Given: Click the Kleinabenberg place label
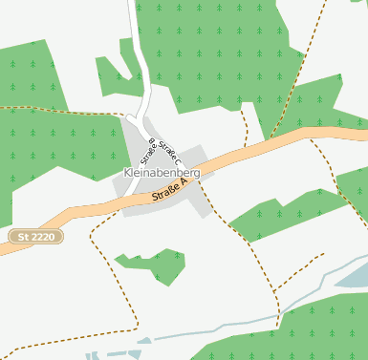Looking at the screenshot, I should pos(162,173).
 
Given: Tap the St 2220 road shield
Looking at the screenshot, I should pos(35,235).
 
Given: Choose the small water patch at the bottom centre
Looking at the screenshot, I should pos(143,341).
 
